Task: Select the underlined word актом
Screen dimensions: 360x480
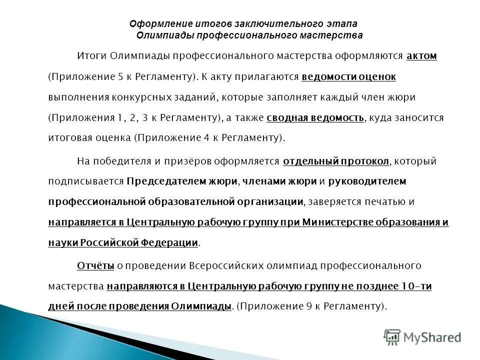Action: click(421, 56)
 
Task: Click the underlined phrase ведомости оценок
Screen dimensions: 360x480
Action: click(349, 77)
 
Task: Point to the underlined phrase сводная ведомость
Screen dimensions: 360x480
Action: click(316, 118)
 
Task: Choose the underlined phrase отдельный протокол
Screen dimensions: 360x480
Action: click(342, 161)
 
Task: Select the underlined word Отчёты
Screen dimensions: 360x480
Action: click(95, 265)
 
